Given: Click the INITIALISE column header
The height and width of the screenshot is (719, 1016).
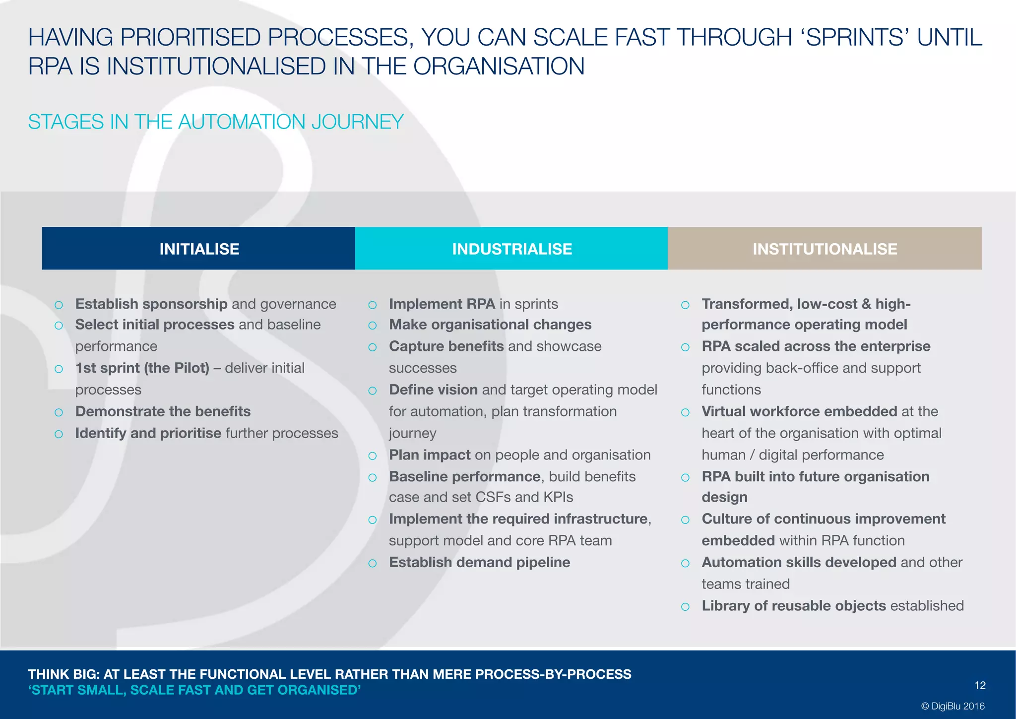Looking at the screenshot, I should [199, 249].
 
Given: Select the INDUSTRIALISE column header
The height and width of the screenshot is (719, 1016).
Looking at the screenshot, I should [511, 249].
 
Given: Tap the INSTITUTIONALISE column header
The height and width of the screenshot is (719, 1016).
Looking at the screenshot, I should [825, 249].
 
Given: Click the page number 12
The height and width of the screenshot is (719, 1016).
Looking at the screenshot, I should [980, 685].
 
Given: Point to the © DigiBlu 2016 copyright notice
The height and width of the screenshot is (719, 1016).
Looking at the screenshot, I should [952, 706].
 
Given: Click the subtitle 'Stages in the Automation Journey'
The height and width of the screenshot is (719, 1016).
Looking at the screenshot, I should [216, 122].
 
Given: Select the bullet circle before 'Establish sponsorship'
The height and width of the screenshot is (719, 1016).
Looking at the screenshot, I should [59, 305].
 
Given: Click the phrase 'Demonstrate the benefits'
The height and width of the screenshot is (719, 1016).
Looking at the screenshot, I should [163, 411].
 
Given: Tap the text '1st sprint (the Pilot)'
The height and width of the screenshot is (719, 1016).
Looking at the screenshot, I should [142, 368].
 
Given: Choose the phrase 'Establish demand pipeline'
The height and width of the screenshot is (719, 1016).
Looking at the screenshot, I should [479, 562].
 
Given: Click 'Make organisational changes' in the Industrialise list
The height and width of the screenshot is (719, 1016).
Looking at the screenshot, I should [490, 325].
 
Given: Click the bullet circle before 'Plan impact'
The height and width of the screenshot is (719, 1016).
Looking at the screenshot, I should [373, 456].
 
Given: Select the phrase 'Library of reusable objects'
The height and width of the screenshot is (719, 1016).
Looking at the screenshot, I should [794, 606].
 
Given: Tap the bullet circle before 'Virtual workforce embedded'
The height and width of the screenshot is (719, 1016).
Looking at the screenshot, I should [685, 412].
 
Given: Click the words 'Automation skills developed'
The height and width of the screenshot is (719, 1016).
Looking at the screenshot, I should [799, 562].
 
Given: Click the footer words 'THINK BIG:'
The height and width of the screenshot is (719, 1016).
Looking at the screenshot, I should [64, 674].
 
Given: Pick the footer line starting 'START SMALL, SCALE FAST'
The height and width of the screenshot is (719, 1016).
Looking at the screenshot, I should [194, 690].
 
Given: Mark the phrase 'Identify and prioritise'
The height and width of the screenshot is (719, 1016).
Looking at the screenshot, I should [148, 433].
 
